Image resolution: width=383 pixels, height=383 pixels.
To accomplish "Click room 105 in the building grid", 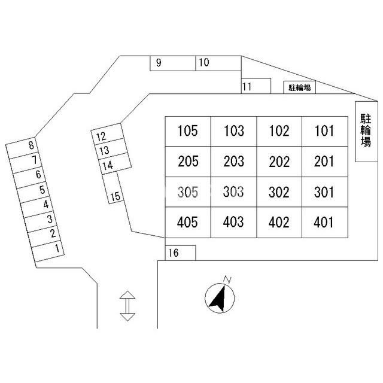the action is pyautogui.click(x=188, y=132).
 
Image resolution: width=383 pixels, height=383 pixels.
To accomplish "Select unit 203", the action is pyautogui.click(x=234, y=162).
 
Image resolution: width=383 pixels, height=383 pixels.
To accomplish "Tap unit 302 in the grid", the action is pyautogui.click(x=279, y=192).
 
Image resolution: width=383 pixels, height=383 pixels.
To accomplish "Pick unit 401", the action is pyautogui.click(x=325, y=222).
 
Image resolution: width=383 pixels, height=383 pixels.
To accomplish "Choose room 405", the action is pyautogui.click(x=188, y=222).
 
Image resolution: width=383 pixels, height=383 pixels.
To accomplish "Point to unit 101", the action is pyautogui.click(x=325, y=132).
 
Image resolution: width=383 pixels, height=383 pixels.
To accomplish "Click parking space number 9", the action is pyautogui.click(x=173, y=63).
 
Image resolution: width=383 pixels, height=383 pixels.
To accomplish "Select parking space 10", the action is pyautogui.click(x=218, y=63).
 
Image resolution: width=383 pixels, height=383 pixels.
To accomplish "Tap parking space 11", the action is pyautogui.click(x=256, y=86).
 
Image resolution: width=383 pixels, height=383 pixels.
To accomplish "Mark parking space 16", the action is pyautogui.click(x=181, y=253).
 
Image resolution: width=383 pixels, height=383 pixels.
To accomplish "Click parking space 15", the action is pyautogui.click(x=113, y=187).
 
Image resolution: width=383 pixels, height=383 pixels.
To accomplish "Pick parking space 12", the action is pyautogui.click(x=107, y=134).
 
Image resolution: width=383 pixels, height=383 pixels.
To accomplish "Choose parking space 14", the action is pyautogui.click(x=115, y=163).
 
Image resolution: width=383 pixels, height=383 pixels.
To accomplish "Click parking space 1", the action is pyautogui.click(x=48, y=251).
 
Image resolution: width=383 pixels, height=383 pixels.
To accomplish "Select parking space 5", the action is pyautogui.click(x=33, y=193).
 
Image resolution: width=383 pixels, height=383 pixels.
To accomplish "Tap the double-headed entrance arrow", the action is pyautogui.click(x=127, y=306).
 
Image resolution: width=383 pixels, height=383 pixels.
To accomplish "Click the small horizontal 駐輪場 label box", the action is pyautogui.click(x=299, y=87).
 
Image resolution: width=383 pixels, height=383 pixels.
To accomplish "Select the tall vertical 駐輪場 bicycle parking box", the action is pyautogui.click(x=366, y=132).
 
